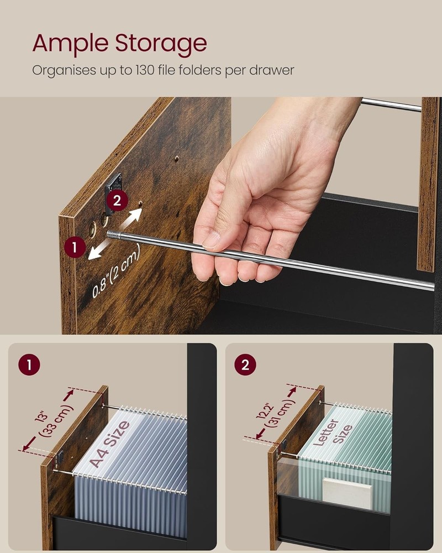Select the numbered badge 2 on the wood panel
117,200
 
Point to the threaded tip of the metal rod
114,234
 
